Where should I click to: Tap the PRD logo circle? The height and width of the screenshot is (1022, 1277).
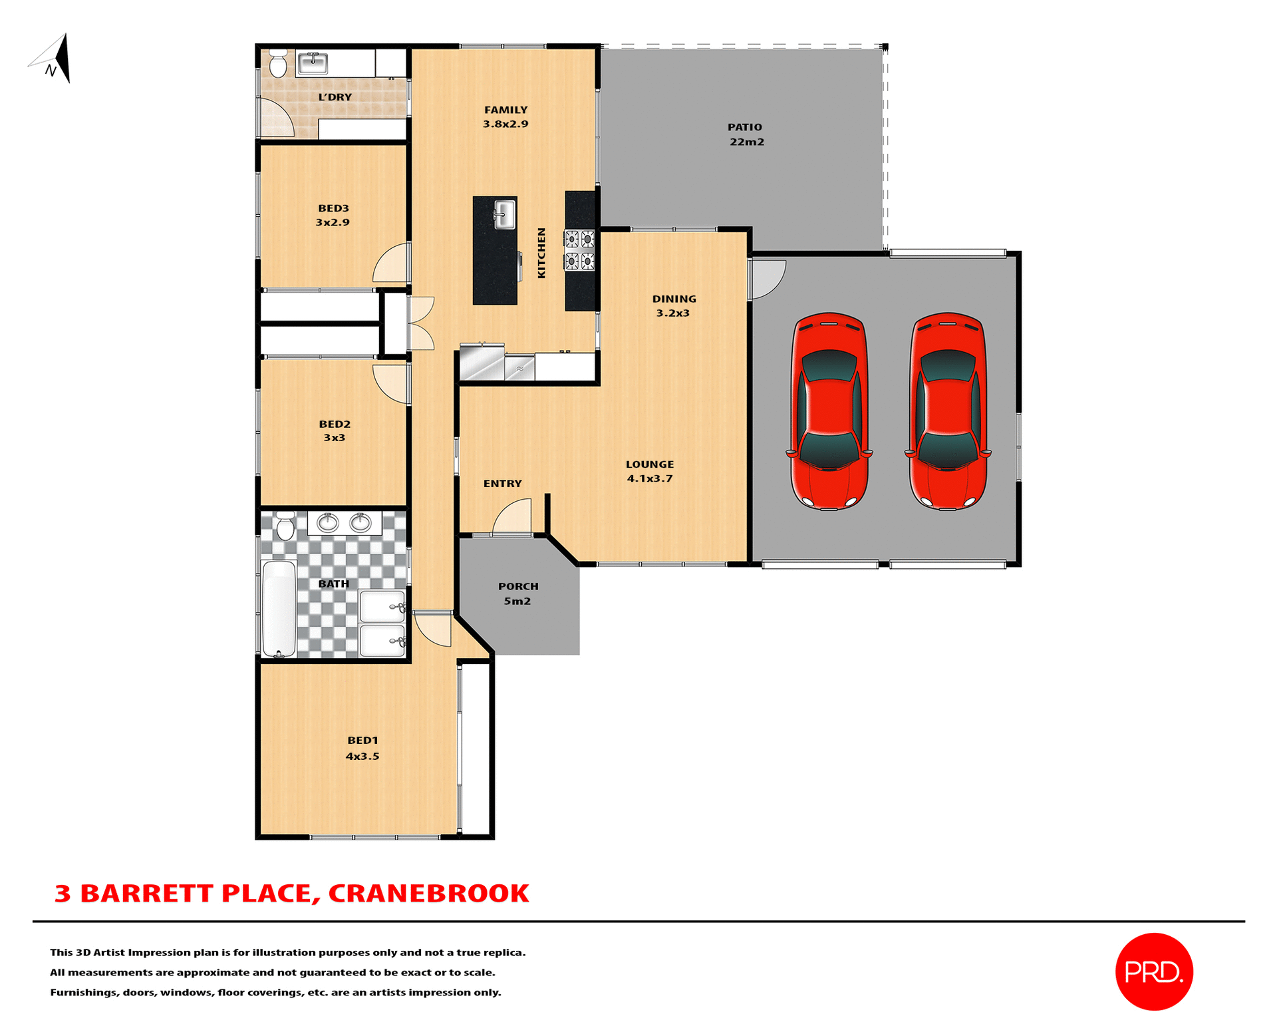point(1154,971)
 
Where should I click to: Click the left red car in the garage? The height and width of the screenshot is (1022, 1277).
point(829,411)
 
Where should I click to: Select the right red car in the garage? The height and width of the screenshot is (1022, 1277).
point(947,411)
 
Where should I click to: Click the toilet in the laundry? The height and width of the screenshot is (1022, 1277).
point(278,63)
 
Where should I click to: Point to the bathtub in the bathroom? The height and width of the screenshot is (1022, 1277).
point(279,608)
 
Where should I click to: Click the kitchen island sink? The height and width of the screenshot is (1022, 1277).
point(504,215)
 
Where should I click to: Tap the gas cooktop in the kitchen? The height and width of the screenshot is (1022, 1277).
point(579,250)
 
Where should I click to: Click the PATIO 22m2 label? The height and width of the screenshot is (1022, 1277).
point(746,134)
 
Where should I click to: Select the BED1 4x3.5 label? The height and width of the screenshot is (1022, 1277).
point(362,748)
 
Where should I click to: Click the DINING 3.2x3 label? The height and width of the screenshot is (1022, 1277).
point(674,306)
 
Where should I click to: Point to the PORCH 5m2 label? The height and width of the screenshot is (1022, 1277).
point(518,594)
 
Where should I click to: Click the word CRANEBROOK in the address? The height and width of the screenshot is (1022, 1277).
point(428,894)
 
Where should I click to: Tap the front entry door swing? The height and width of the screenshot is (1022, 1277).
point(514,518)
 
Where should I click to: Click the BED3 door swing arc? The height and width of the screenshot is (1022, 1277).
point(392,264)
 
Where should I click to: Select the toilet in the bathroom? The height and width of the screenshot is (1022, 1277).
point(285,526)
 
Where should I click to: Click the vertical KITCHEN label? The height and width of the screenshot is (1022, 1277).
point(541,253)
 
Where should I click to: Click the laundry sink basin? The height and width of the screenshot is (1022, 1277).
point(313,63)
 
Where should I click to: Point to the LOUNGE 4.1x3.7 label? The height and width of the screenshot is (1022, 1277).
point(650,471)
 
